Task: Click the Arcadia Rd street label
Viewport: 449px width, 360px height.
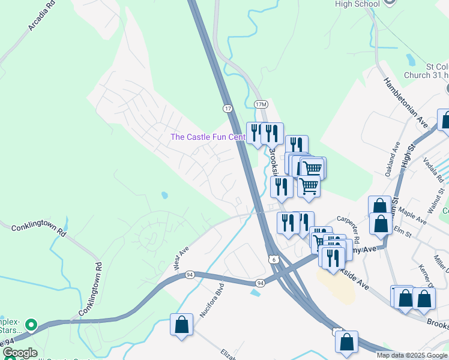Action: [41, 16]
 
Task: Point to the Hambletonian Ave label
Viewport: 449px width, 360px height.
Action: [406, 102]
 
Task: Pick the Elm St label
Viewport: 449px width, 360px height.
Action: [402, 230]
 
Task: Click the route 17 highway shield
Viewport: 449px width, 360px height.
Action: [227, 108]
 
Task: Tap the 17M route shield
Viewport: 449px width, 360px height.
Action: [261, 104]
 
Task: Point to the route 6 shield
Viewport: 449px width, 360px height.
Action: [273, 259]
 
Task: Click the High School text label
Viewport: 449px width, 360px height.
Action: [358, 4]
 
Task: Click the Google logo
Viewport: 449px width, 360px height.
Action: [19, 353]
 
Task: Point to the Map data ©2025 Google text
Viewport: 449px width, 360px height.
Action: [412, 355]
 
